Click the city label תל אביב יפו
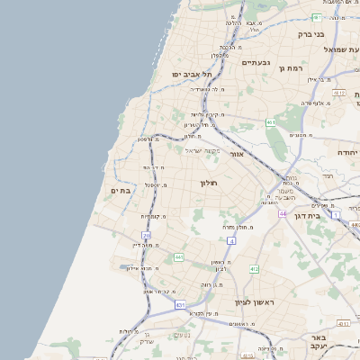tap(192, 74)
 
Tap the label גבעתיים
tap(256, 62)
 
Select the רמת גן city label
tap(293, 67)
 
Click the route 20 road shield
tap(147, 236)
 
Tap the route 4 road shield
tap(231, 241)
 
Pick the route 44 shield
tap(282, 213)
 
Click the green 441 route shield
tap(179, 257)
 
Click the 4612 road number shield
tap(339, 92)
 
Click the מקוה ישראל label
tap(203, 150)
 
